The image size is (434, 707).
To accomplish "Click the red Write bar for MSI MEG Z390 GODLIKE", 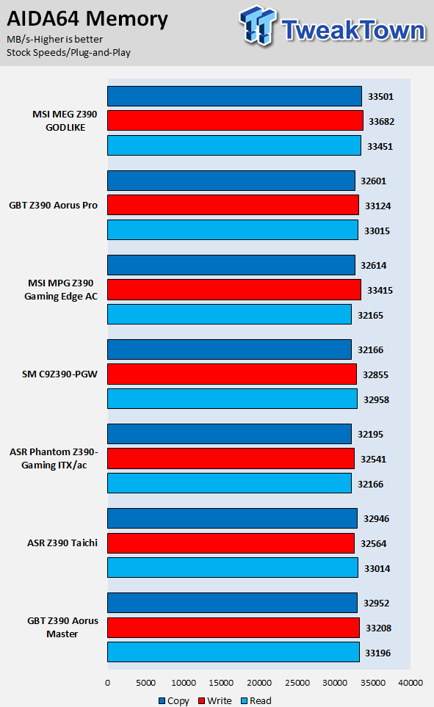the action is coord(235,121).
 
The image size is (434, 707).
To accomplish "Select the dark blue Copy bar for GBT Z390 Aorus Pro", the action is coord(231,181).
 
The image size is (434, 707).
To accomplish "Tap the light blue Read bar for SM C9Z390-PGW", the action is coord(232,399).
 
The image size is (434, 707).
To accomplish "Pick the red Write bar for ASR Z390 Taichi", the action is coord(231,543).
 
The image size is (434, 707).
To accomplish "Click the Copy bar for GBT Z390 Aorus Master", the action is coord(232,603).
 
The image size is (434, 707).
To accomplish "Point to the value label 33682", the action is coord(382,121).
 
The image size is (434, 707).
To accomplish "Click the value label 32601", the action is coord(374,181).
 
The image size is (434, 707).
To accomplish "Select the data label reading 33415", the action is coord(380,291).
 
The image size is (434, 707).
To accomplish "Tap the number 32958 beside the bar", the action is coord(376,400).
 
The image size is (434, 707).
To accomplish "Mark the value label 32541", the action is coord(374,460).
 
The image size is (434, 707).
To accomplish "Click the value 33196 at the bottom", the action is coord(378,653).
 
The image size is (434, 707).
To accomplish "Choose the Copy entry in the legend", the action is coord(174,700).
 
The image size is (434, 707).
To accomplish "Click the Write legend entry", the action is coord(215,700).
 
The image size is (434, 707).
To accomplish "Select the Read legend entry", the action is coord(256,700).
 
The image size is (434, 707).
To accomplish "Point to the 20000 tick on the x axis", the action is coord(259,683).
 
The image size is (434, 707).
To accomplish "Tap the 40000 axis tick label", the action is coord(411,683).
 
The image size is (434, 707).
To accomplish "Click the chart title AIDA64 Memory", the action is coord(87,19).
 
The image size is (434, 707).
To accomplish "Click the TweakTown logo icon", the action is coord(258,25).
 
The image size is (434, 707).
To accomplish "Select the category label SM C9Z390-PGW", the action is coord(59,374).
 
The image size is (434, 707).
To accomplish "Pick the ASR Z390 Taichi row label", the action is coord(62,543).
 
